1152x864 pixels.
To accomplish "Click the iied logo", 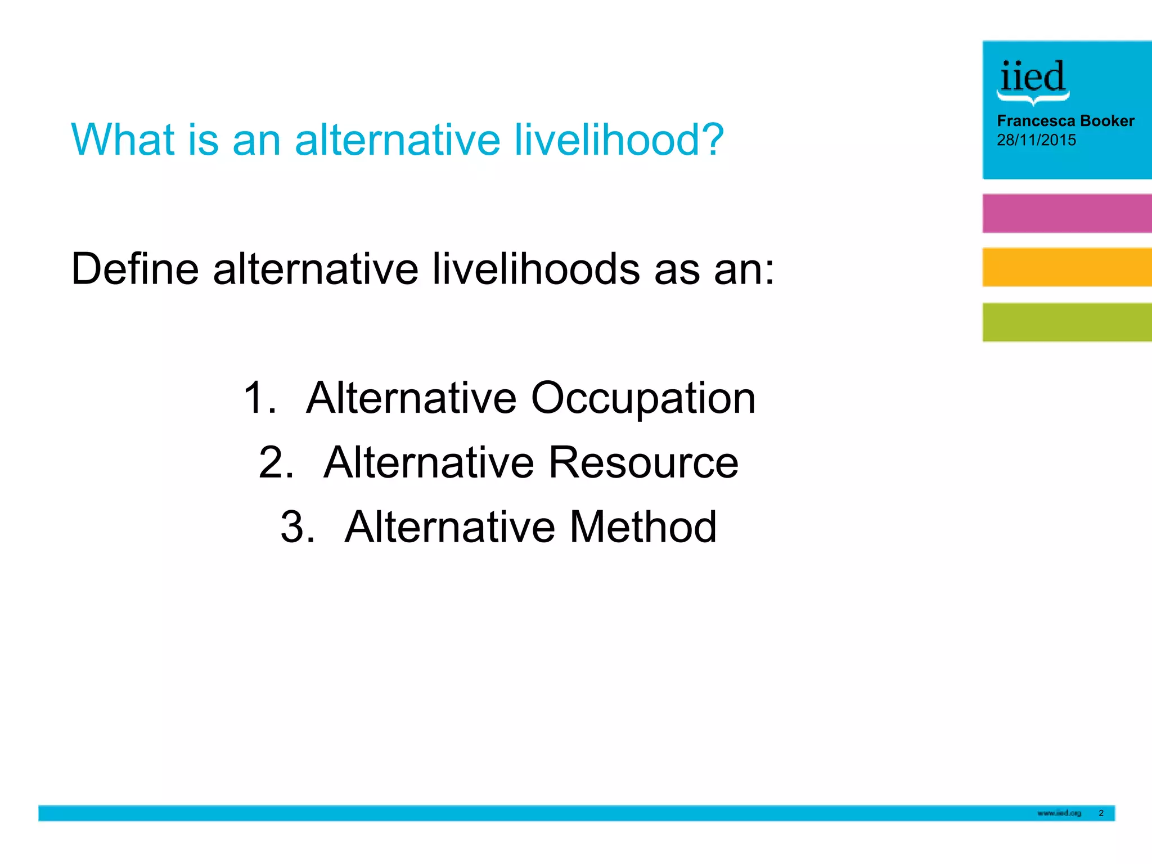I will pos(1033,80).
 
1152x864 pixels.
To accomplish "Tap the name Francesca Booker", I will pos(1065,121).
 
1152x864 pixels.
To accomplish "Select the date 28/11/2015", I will pos(1036,140).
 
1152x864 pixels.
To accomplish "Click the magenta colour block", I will pos(1066,213).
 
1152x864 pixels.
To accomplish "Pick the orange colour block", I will pos(1066,267).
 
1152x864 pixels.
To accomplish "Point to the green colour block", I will pos(1066,322).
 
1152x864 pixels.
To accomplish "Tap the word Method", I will pos(643,527).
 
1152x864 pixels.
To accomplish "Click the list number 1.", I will pos(259,399).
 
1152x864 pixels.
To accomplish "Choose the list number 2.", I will pos(276,463).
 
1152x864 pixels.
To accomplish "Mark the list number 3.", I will pos(297,527).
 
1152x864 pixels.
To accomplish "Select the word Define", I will pos(135,269).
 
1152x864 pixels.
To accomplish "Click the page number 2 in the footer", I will pos(1101,813).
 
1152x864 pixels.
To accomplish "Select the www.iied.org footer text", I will pos(1059,813).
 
